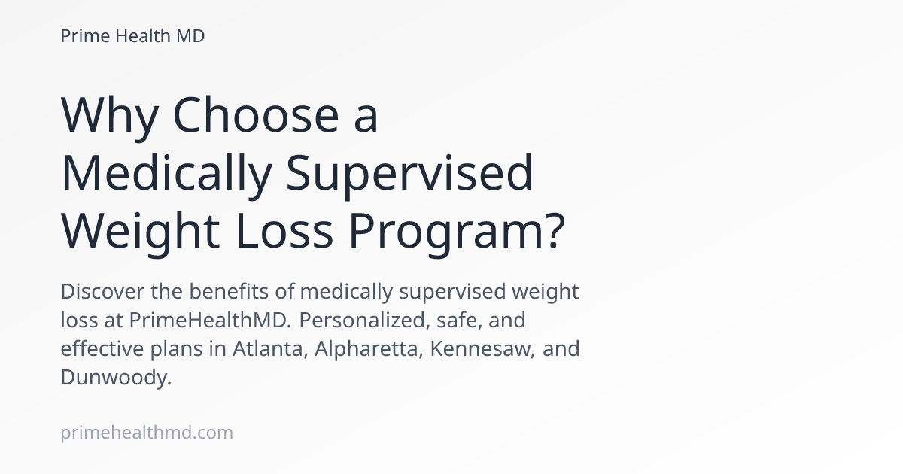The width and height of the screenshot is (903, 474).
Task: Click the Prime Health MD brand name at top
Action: (x=132, y=36)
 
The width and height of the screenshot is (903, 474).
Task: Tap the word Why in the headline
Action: (x=110, y=117)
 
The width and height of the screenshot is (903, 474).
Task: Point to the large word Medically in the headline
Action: (x=166, y=174)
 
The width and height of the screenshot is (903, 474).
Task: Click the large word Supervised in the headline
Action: (x=410, y=174)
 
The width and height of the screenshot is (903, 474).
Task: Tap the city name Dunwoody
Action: (x=116, y=378)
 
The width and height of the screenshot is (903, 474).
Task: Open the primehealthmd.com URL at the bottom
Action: (x=147, y=433)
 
